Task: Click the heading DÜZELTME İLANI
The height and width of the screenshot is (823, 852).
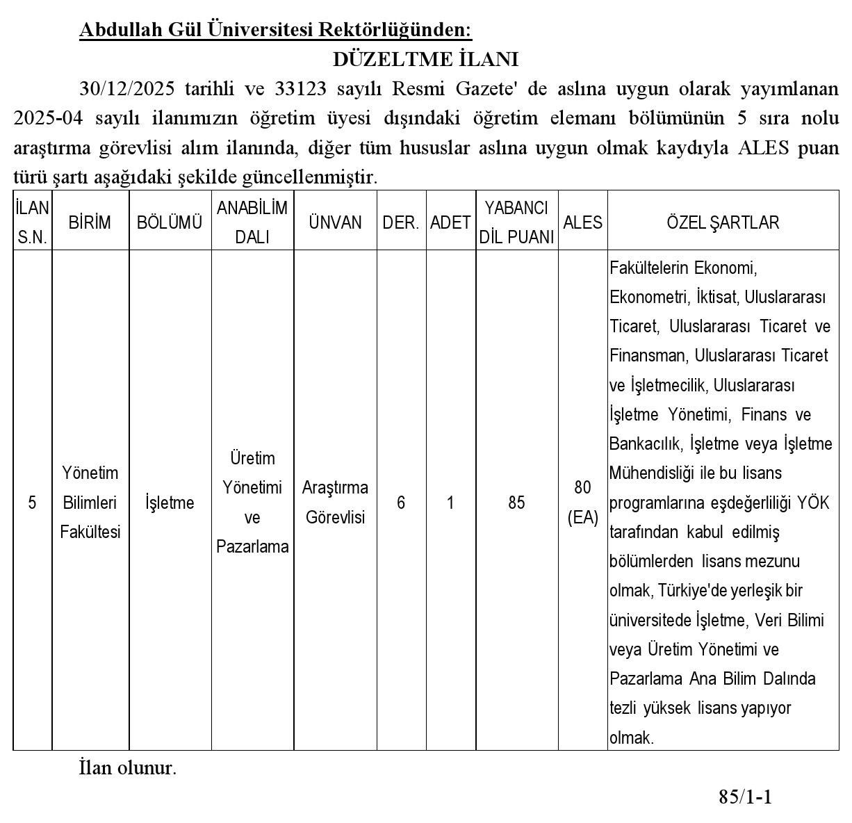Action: [425, 59]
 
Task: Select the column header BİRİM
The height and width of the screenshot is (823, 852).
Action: [90, 222]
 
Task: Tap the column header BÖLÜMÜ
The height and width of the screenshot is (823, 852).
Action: [170, 222]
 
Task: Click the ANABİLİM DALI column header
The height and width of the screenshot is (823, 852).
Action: [252, 222]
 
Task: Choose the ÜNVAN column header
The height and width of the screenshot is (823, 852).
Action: [335, 222]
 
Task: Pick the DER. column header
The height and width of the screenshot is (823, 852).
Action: [401, 222]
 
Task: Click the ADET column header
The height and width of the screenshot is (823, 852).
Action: [450, 222]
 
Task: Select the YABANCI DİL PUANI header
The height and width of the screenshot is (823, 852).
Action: [516, 222]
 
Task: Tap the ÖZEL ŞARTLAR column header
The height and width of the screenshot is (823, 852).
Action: [723, 222]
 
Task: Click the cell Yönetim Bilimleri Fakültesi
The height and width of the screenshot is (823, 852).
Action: [90, 503]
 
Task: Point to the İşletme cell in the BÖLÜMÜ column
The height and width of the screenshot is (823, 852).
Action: [170, 503]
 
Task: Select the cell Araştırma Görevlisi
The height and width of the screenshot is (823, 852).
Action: [335, 503]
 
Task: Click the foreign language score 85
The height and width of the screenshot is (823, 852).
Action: [516, 503]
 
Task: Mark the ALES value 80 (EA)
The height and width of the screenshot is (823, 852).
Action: [582, 503]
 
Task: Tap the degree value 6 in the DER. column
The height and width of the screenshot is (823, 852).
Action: [401, 503]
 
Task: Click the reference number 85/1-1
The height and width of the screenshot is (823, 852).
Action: [745, 797]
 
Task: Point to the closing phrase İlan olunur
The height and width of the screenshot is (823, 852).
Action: [128, 768]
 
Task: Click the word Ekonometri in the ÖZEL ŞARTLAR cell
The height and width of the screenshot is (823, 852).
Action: [648, 298]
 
